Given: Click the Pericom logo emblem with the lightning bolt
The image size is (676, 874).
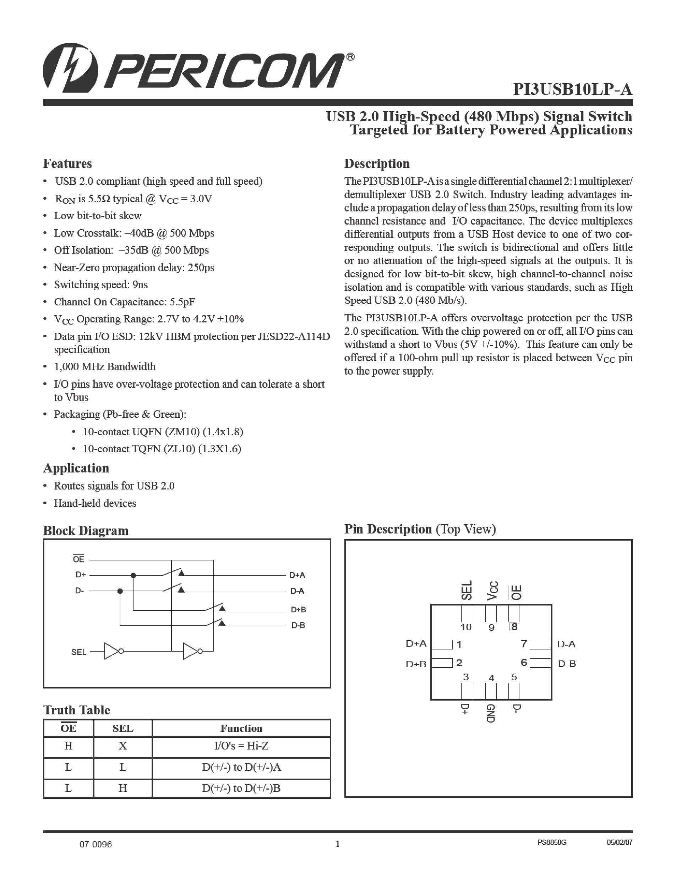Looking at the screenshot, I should click(x=71, y=66).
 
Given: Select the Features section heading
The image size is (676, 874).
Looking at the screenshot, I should click(x=67, y=164).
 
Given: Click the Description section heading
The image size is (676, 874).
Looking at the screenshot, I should click(x=377, y=164).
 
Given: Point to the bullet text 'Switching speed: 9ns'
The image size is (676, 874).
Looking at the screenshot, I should click(x=100, y=284).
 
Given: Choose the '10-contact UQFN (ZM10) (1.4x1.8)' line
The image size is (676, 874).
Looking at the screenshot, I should click(x=163, y=432).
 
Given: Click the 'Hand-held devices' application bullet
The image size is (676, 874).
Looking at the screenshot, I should click(x=95, y=503).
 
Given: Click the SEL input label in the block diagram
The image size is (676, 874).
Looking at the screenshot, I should click(x=78, y=652).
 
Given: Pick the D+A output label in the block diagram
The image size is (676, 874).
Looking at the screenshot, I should click(x=297, y=575).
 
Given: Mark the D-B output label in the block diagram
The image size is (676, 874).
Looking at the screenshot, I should click(x=298, y=625).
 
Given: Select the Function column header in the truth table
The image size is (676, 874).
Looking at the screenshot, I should click(x=241, y=728).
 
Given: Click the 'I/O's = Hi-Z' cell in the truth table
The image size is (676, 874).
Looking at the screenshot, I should click(x=241, y=746).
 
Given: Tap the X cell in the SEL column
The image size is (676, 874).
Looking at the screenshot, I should click(x=122, y=746).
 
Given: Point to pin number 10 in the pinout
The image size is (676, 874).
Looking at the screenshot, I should click(x=466, y=627).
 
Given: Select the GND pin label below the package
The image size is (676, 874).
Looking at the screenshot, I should click(x=491, y=714).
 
